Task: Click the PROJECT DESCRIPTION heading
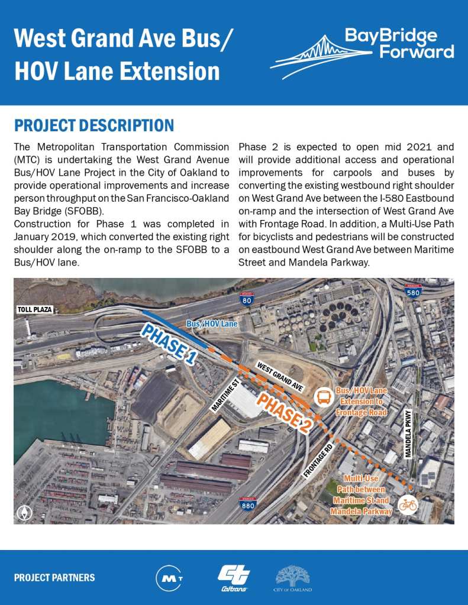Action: [x=94, y=125]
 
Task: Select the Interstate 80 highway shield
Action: [x=247, y=299]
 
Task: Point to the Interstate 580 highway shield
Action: [x=412, y=291]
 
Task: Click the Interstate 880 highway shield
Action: [x=248, y=504]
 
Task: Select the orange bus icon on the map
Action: [x=324, y=397]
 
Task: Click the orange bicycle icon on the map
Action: [x=407, y=504]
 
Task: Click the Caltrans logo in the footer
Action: [x=234, y=577]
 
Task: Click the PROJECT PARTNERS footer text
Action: [x=54, y=578]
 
